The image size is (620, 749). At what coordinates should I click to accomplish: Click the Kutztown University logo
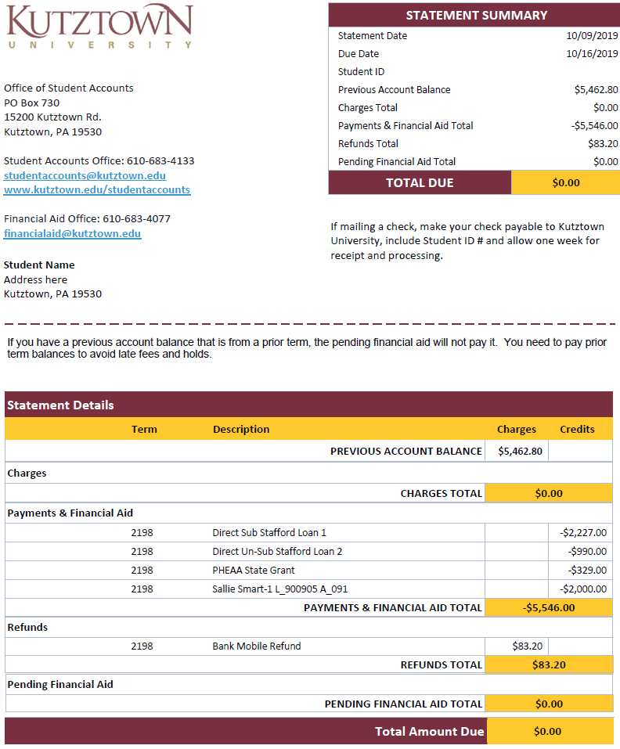tap(99, 27)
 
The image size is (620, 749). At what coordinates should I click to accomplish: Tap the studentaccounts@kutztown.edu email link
tap(85, 176)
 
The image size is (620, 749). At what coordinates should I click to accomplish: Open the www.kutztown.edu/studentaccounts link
tap(97, 190)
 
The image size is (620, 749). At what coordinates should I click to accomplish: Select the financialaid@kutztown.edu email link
tap(72, 234)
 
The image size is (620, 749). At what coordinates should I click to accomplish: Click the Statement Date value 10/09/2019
tap(592, 36)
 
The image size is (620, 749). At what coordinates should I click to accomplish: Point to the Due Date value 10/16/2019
tap(592, 54)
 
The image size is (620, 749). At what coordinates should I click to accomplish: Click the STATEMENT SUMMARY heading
tap(476, 16)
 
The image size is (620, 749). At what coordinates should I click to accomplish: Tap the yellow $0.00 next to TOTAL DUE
tap(566, 183)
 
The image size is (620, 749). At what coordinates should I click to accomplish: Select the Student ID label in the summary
tap(361, 72)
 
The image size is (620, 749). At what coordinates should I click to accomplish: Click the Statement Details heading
tap(60, 405)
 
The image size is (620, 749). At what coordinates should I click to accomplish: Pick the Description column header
tap(241, 430)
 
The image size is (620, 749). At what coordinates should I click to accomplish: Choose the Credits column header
tap(577, 430)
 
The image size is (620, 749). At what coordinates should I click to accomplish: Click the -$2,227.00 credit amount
tap(583, 533)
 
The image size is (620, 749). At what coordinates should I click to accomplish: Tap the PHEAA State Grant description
tap(254, 571)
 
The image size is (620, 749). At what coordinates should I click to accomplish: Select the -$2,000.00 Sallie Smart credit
tap(583, 589)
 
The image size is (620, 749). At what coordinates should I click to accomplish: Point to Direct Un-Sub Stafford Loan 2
tap(277, 552)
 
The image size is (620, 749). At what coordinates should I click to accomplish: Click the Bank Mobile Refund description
tap(257, 646)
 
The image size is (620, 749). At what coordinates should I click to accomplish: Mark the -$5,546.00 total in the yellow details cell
tap(548, 607)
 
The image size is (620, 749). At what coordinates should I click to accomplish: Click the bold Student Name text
tap(39, 265)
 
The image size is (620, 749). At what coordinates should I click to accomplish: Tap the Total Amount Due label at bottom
tap(429, 732)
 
